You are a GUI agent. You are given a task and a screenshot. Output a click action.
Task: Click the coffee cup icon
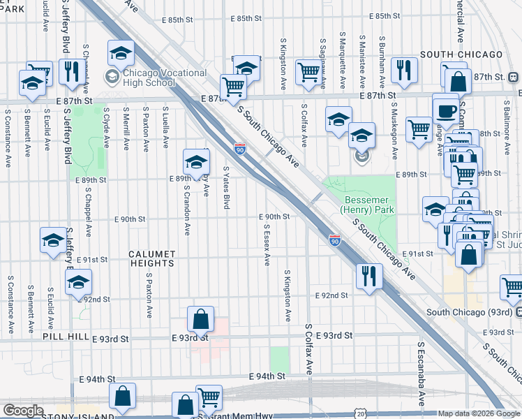(445, 110)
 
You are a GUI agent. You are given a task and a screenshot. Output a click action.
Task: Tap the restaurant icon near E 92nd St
(368, 276)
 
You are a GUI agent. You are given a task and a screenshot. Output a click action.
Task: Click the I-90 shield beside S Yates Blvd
(240, 148)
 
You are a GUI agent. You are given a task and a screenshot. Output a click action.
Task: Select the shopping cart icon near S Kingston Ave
(308, 72)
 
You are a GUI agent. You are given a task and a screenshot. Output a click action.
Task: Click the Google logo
(23, 411)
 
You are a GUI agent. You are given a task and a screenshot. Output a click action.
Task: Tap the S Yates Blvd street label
(226, 187)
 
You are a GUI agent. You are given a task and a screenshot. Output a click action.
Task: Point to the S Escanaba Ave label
(422, 374)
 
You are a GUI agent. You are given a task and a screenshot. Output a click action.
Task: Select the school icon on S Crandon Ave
(196, 162)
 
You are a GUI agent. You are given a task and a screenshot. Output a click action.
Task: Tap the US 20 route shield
(359, 414)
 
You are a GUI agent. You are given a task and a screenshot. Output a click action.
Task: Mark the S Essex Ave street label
(267, 244)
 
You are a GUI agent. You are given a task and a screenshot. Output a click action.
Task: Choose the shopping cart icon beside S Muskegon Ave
(419, 128)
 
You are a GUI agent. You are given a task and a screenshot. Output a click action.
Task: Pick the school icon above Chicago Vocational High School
(121, 52)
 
